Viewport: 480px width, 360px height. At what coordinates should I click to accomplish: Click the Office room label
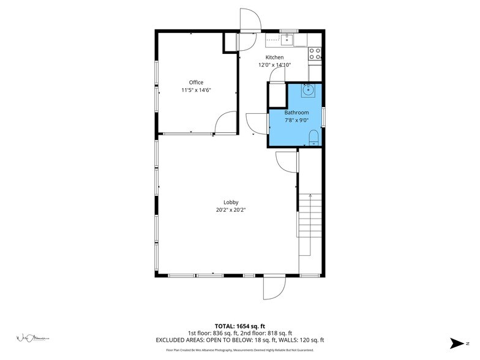point(196,82)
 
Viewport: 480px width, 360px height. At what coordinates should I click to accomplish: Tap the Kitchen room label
point(274,57)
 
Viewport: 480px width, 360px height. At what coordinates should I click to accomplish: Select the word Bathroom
point(296,113)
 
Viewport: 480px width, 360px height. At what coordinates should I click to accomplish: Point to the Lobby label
point(231,202)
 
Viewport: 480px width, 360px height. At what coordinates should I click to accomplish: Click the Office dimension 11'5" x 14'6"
point(196,90)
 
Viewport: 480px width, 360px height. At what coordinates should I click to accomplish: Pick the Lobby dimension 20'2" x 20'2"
point(231,209)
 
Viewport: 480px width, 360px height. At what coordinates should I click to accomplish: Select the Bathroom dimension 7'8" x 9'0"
point(296,120)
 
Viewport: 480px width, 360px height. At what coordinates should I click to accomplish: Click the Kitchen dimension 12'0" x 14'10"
point(274,64)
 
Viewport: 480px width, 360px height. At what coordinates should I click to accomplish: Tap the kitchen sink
point(287,40)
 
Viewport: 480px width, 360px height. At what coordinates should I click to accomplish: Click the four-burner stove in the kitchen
point(315,53)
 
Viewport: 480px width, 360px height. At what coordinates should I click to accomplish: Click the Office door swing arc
point(225,122)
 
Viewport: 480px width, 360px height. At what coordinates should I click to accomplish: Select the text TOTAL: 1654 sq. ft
point(240,326)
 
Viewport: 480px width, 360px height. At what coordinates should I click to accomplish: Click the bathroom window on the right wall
point(323,116)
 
